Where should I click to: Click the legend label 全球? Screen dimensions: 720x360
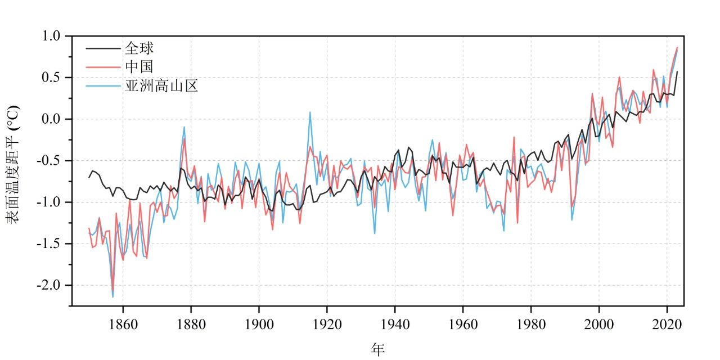point(139,48)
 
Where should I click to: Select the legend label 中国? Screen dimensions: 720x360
point(139,67)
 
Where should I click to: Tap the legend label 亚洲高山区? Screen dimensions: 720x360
point(161,86)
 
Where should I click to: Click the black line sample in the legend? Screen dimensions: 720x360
point(103,48)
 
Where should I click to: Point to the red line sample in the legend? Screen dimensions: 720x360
point(103,67)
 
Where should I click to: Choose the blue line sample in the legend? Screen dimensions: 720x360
point(103,86)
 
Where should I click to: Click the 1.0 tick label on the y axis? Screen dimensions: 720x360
point(51,35)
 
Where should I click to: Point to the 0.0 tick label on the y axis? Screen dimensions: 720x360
point(51,119)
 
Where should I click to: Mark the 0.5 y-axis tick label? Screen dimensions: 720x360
point(51,78)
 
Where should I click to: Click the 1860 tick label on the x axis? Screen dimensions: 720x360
point(123,325)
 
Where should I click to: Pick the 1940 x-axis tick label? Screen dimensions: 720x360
point(395,325)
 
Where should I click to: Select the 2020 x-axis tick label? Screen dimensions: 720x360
point(667,325)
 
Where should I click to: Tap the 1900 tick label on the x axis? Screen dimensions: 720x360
point(259,325)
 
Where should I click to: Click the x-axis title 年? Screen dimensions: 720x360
point(378,349)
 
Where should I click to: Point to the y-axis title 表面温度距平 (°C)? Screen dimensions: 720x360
point(12,164)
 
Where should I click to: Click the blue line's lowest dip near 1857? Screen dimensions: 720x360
point(113,297)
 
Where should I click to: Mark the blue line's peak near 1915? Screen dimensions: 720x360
point(310,112)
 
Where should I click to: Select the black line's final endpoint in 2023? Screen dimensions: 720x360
point(677,71)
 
